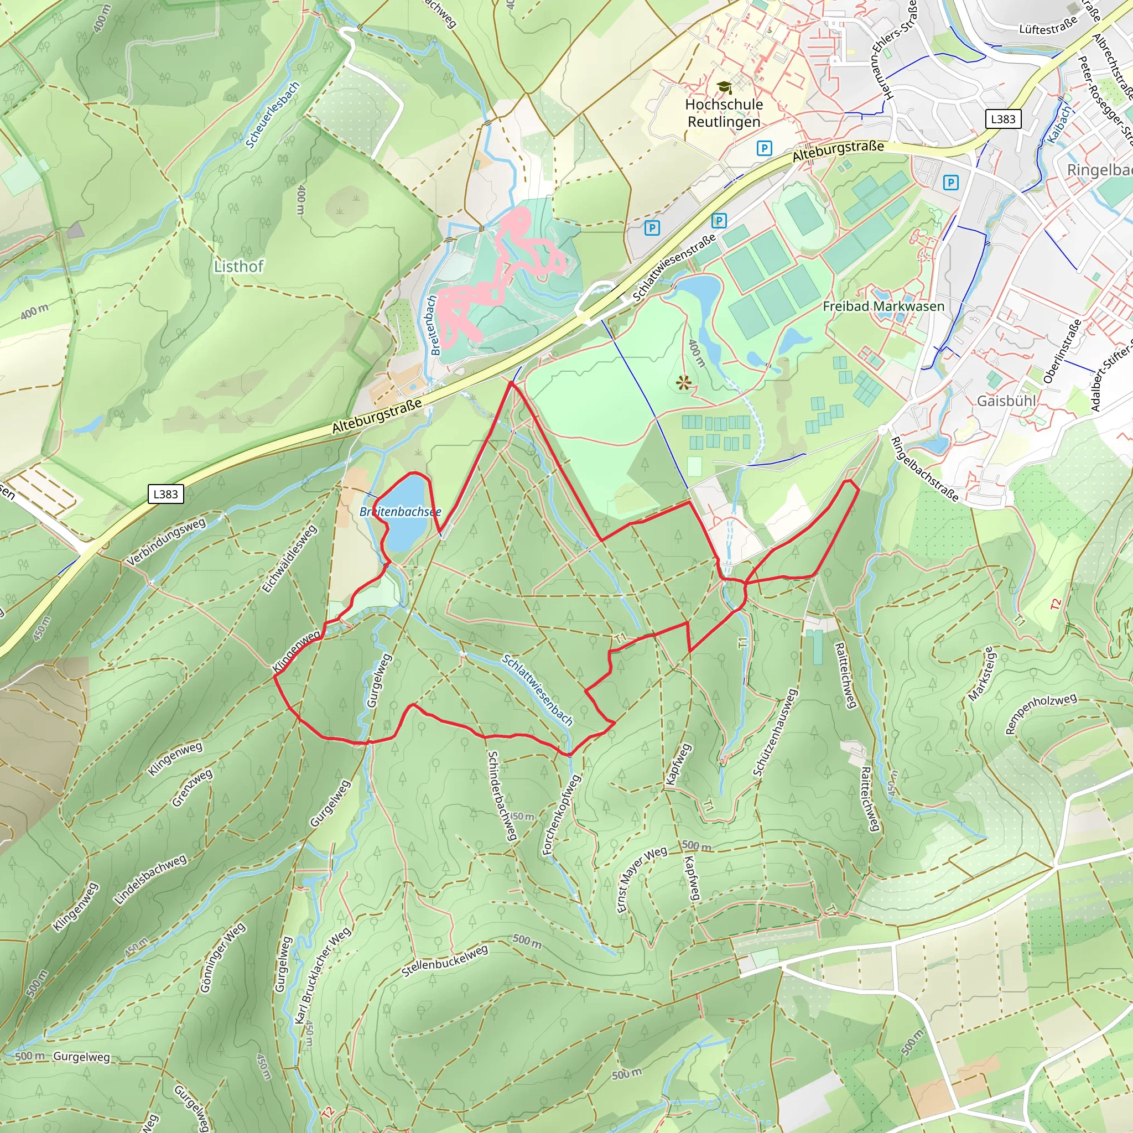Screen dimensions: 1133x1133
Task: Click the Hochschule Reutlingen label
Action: pyautogui.click(x=724, y=113)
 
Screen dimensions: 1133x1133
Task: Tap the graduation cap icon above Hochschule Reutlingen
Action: pyautogui.click(x=725, y=87)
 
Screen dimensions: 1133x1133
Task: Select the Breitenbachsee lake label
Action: pyautogui.click(x=400, y=512)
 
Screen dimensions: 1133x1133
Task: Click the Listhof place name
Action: pyautogui.click(x=238, y=267)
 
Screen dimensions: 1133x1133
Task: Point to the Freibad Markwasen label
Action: pyautogui.click(x=883, y=306)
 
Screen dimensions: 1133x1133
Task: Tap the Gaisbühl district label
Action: pyautogui.click(x=1006, y=401)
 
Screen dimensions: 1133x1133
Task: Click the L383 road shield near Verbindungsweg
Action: pyautogui.click(x=165, y=494)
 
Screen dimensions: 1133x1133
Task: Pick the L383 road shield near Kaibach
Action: pyautogui.click(x=1003, y=119)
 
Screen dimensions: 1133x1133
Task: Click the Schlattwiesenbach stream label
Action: pyautogui.click(x=537, y=690)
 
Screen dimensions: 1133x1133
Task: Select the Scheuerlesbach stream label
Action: pyautogui.click(x=272, y=115)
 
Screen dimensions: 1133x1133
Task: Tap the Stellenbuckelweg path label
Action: pyautogui.click(x=445, y=961)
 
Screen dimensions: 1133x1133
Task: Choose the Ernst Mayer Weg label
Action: pyautogui.click(x=642, y=879)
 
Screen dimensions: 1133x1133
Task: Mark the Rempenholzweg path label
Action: pyautogui.click(x=1041, y=713)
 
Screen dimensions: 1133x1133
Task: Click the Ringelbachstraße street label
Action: pyautogui.click(x=925, y=470)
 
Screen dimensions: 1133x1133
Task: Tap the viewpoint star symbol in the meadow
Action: pyautogui.click(x=683, y=384)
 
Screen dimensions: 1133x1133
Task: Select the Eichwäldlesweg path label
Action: pyautogui.click(x=289, y=559)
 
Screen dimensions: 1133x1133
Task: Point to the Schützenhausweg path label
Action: pyautogui.click(x=775, y=733)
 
